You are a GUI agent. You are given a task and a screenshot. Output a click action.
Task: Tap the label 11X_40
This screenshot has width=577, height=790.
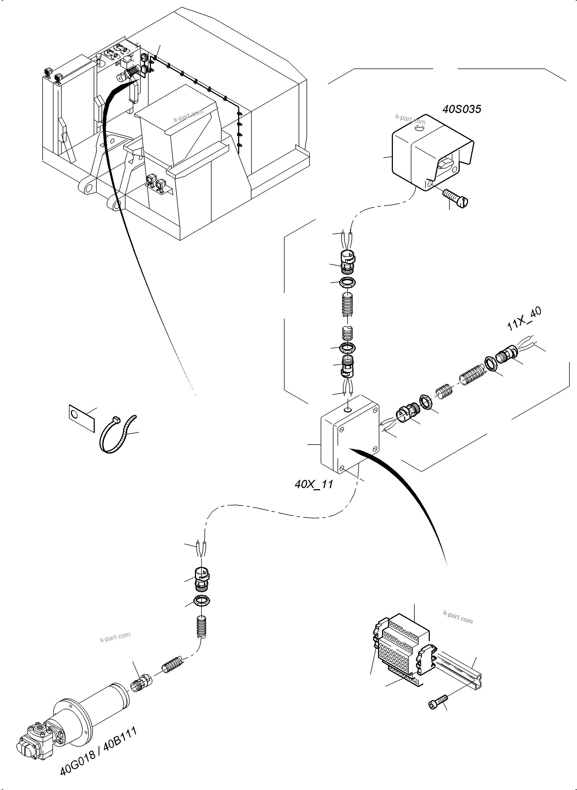click(524, 319)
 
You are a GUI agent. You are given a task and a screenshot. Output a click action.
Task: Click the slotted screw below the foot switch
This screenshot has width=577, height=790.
click(456, 198)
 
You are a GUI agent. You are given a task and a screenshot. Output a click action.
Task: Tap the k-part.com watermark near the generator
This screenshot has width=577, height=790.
click(115, 637)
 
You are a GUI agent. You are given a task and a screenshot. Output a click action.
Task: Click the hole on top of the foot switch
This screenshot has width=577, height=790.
click(418, 129)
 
